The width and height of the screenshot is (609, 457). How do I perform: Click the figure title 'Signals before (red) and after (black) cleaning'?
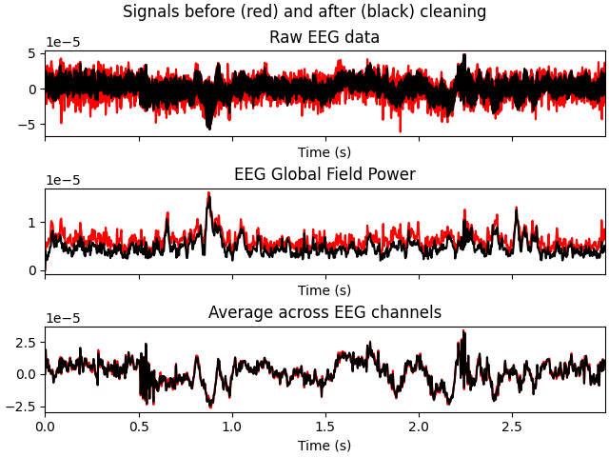304,12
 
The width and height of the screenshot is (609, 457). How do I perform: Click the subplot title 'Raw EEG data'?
324,38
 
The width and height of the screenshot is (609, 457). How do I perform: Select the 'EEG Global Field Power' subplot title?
324,175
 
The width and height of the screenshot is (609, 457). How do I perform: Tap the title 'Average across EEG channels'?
324,313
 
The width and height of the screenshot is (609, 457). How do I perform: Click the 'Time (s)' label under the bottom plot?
324,446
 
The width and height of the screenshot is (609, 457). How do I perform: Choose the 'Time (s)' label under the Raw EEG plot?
324,153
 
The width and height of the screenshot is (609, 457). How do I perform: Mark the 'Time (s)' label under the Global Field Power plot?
324,291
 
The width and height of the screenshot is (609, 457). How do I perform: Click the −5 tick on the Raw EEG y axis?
28,125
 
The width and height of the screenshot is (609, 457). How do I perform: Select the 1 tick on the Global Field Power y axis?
31,223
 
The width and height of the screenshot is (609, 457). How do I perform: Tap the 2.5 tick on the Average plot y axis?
25,342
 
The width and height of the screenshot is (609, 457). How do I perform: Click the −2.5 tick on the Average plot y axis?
21,407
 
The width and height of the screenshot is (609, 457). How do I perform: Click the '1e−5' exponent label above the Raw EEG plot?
63,43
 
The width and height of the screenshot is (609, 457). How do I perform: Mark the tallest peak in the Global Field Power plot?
208,194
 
